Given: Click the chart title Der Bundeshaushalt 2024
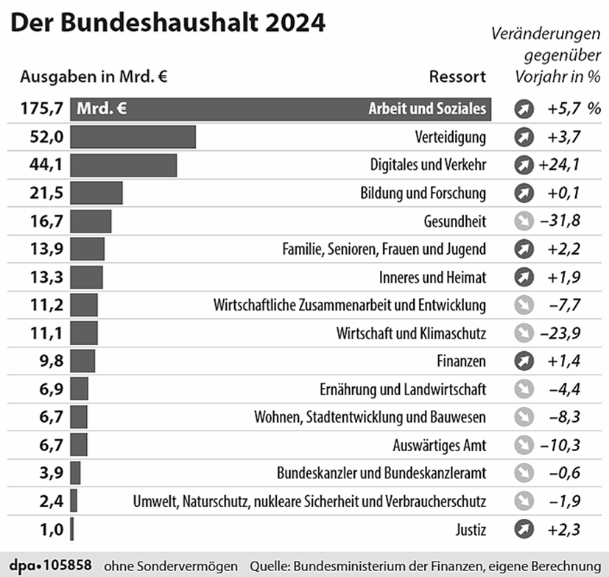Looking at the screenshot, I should [168, 24].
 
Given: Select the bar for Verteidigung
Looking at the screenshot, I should [133, 137].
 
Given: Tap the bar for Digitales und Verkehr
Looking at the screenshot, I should [124, 165].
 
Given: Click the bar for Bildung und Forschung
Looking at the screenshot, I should [96, 193].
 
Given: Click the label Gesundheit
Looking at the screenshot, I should [455, 221].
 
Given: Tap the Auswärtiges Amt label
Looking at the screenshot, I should [440, 445].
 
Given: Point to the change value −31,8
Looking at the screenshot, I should [564, 221].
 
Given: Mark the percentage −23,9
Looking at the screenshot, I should [564, 333].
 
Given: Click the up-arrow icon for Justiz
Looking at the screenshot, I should [524, 529].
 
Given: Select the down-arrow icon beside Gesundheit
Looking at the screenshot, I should [524, 221].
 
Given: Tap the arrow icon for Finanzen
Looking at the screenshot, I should [524, 361].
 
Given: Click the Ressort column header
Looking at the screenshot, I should [457, 77].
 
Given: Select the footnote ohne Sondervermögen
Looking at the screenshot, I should [171, 566].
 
